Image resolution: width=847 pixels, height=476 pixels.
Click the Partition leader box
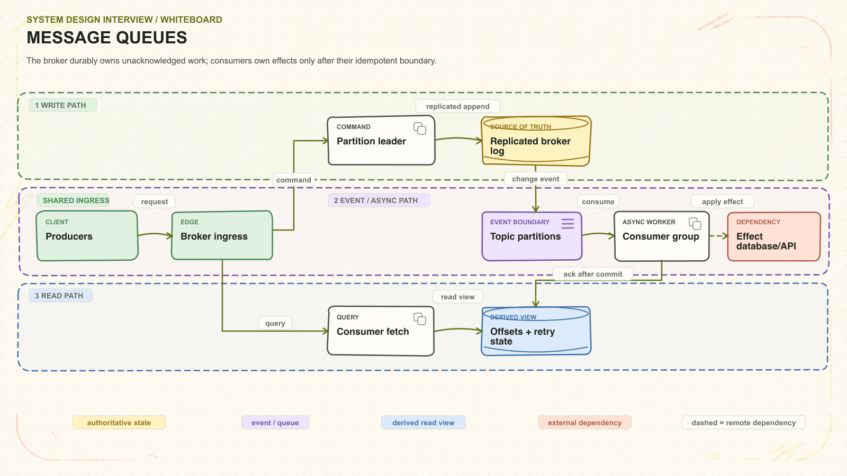click(381, 141)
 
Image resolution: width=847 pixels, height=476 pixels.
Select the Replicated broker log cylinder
click(536, 141)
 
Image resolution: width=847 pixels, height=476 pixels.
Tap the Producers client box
click(87, 236)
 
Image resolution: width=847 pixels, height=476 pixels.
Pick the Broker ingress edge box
click(222, 235)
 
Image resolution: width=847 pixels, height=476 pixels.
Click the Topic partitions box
click(531, 236)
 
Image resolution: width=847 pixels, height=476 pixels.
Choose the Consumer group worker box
click(662, 236)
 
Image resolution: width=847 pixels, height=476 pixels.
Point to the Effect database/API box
click(774, 236)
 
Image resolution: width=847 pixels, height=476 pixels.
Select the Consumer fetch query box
click(381, 331)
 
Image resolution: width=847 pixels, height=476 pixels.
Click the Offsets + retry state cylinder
click(536, 331)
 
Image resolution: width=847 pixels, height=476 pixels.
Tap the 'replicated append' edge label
click(457, 106)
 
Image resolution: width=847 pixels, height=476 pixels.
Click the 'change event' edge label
click(535, 179)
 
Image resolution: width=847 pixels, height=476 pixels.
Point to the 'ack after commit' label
click(592, 274)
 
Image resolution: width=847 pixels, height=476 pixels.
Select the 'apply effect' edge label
click(722, 202)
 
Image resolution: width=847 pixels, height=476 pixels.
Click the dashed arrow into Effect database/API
click(718, 236)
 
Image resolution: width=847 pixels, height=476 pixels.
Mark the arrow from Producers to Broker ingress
click(155, 235)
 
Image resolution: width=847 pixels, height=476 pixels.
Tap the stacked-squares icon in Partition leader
click(420, 129)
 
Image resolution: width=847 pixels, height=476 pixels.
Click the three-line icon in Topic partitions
click(567, 224)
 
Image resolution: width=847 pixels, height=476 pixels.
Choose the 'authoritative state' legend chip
click(119, 423)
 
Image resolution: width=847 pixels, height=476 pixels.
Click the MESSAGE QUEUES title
click(107, 38)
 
